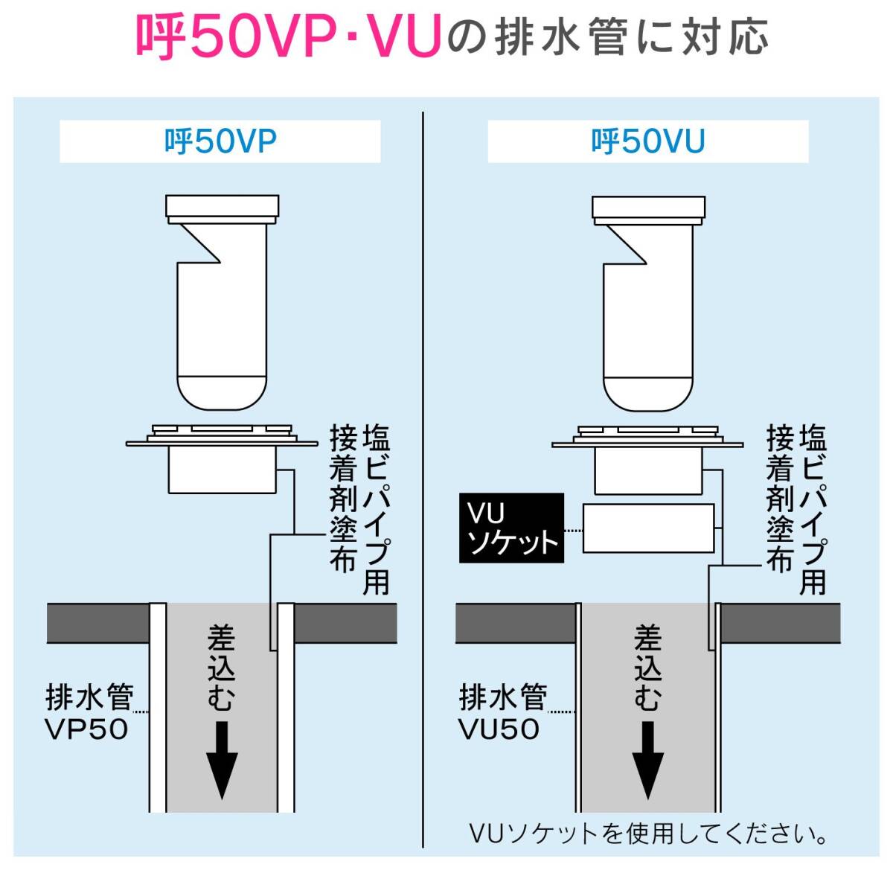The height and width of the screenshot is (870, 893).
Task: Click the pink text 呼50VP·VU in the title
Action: [287, 37]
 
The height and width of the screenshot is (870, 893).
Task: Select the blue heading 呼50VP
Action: [220, 141]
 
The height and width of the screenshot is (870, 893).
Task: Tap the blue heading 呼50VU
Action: [647, 141]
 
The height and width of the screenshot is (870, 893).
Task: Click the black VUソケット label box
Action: [511, 528]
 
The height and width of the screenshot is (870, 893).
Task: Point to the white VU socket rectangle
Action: [648, 528]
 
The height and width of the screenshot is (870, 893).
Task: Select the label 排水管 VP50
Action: [89, 713]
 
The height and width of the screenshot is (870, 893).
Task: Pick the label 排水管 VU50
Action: [502, 713]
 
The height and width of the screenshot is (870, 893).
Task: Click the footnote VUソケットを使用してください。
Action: [648, 834]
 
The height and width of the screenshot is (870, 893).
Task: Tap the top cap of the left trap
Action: [223, 206]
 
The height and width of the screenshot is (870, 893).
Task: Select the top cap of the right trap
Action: [648, 206]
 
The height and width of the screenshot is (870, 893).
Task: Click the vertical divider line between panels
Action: [423, 476]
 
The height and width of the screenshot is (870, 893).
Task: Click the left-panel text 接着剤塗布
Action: [343, 499]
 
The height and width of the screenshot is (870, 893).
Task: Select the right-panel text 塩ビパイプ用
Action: [813, 510]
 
